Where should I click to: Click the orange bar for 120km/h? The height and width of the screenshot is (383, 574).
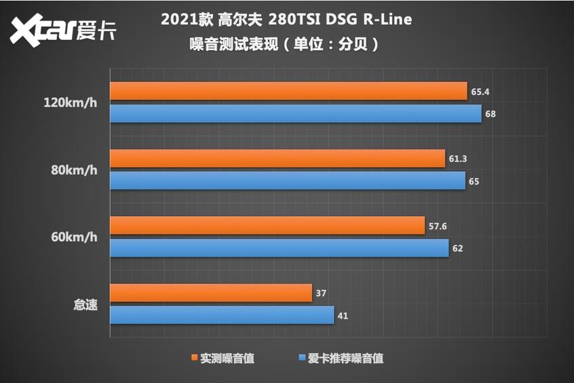[288, 91]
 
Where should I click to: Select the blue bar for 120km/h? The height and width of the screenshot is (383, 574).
[296, 113]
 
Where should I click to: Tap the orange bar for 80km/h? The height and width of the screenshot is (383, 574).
[277, 159]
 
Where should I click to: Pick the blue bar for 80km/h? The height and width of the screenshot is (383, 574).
[288, 181]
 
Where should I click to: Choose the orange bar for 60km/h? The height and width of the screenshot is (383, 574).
[267, 226]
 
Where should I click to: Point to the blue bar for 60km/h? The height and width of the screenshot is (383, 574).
[279, 248]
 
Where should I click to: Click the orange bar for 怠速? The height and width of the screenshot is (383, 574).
[211, 293]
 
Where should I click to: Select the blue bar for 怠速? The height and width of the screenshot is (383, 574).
[222, 315]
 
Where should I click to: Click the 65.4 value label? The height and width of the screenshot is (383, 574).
[479, 91]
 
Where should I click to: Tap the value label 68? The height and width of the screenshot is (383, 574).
[490, 114]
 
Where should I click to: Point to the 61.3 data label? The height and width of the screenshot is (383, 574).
[458, 159]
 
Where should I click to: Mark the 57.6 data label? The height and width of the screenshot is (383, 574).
[438, 226]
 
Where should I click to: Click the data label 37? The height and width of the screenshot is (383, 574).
[322, 293]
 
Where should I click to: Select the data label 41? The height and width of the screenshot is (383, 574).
[343, 316]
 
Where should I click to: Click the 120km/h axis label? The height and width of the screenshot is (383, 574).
[71, 103]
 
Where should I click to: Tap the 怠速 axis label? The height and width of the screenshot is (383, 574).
[85, 305]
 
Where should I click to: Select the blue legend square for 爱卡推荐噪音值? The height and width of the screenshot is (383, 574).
[301, 358]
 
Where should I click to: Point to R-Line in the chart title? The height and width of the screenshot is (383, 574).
[386, 19]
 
